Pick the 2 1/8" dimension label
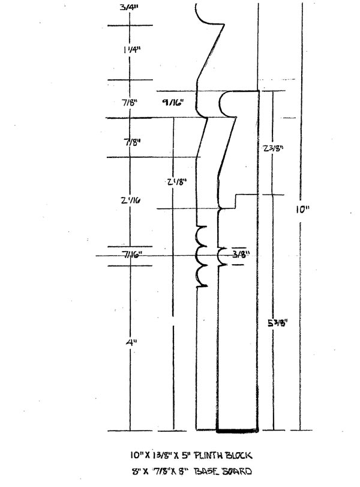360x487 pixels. click(x=172, y=181)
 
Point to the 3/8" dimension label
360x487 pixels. click(x=241, y=255)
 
